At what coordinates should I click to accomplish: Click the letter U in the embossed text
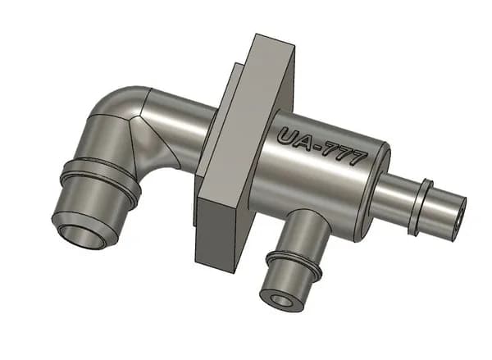(x=289, y=135)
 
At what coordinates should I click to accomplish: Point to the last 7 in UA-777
(x=357, y=158)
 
